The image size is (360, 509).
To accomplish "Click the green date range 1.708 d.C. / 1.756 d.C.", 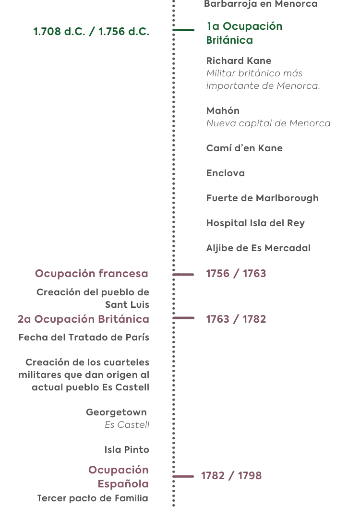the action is [91, 32].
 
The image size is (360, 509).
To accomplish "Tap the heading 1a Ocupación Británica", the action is [244, 33].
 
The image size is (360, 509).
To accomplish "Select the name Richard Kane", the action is [239, 61].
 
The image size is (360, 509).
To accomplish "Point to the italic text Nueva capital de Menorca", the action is [268, 123].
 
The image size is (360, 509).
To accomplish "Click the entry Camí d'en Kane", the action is [244, 148].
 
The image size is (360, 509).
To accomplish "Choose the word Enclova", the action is [226, 173].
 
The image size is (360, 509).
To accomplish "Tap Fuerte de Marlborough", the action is [262, 198].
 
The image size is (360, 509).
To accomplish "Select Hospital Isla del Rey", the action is [255, 223].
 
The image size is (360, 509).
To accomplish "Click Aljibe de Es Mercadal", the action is [258, 248].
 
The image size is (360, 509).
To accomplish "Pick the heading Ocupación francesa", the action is [92, 273].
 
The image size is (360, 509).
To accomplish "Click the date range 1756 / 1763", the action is [236, 274].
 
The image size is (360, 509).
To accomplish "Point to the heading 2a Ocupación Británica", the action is [84, 319].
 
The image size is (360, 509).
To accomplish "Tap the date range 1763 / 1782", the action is [236, 319].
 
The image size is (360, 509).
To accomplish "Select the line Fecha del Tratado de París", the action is [84, 337].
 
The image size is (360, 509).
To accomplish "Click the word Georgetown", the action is [116, 412].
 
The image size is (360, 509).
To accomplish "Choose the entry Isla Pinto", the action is [127, 449].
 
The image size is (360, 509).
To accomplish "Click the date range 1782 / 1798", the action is [231, 476].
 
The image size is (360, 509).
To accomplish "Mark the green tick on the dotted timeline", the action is [183, 30].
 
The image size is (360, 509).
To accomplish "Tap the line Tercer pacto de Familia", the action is [93, 498].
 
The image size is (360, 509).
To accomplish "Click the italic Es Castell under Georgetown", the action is [127, 425].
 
